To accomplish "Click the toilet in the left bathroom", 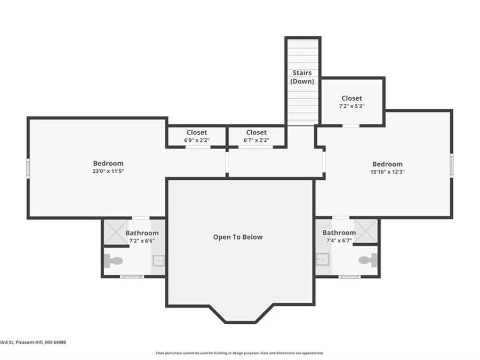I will point(113,261).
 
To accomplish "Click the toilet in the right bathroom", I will point(368,260).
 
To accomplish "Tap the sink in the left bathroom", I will point(158,260).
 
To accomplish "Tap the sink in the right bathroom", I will point(322,260).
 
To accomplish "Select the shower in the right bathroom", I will point(366,231).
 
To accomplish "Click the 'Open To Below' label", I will point(238,237).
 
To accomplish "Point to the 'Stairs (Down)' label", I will point(302,77).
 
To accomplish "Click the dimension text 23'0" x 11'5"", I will point(108,171).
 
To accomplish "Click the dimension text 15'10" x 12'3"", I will point(387,172).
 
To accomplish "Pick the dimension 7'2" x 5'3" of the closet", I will point(351,106).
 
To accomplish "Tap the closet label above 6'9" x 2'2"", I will point(197,132).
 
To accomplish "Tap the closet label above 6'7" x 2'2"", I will point(256,132).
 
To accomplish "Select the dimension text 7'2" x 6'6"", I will point(142,241).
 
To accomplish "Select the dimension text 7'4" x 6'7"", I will point(339,241).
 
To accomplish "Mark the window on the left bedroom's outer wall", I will point(28,167).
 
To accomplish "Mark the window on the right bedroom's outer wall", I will point(451,165).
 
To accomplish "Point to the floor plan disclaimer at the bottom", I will point(239,353).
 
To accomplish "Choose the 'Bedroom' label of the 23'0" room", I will point(108,163).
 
